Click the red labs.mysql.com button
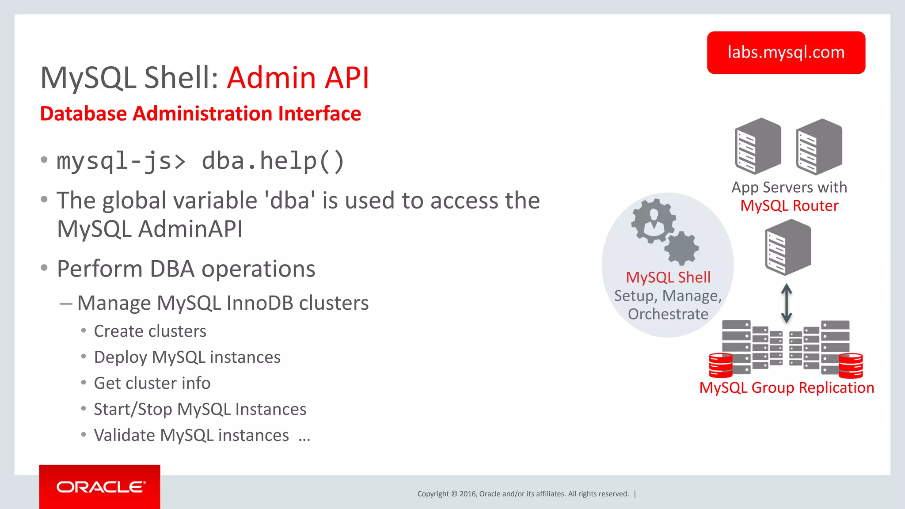[786, 53]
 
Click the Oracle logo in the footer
[100, 487]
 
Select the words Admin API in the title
[298, 78]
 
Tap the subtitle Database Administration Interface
[201, 114]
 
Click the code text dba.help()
[273, 161]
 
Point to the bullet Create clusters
[150, 331]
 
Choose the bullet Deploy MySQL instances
[187, 357]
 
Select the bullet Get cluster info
[152, 383]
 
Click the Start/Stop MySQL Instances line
[200, 409]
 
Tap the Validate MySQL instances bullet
[191, 435]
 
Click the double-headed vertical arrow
[786, 303]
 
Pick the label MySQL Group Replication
[787, 388]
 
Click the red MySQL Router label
[789, 206]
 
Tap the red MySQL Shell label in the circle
[668, 277]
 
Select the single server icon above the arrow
[788, 247]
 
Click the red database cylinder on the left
[720, 365]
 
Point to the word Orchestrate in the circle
[668, 314]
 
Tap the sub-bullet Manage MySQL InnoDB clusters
[223, 303]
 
